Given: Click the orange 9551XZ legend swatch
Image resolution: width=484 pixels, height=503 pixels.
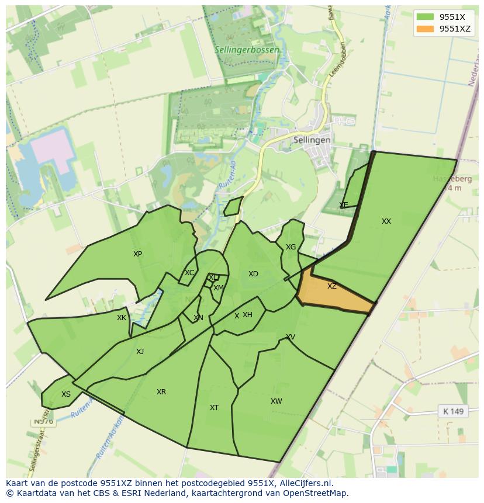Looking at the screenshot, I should [425, 29].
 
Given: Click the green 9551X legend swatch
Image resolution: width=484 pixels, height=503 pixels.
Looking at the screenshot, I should [425, 17].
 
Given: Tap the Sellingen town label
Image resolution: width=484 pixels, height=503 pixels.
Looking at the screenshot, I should [312, 140].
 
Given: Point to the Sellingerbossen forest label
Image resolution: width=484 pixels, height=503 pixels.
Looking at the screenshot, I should [246, 50].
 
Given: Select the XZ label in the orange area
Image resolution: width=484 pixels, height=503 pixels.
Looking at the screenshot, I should [332, 286].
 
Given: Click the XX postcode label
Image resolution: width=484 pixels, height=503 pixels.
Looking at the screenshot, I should [386, 221].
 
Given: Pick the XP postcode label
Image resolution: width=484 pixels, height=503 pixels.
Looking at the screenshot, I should [137, 254].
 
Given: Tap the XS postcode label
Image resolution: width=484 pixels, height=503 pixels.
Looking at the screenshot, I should [66, 394].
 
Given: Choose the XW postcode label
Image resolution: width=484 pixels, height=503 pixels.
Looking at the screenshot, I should [276, 401].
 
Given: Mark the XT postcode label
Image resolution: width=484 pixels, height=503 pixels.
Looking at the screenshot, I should [214, 408].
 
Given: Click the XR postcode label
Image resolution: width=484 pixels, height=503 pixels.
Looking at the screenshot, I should [161, 392].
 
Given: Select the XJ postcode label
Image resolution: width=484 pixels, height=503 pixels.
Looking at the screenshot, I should [140, 352].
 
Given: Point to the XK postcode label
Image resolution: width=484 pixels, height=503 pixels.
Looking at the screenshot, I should [122, 318].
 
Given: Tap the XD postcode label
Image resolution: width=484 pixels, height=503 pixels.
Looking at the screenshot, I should [253, 274].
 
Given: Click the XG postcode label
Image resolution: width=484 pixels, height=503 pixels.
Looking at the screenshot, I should [291, 247].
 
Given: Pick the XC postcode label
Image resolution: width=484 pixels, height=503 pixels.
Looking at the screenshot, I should [189, 273].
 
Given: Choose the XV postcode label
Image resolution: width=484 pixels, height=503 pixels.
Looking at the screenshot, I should [291, 337].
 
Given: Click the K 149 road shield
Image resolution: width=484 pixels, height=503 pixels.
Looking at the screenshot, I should [453, 411].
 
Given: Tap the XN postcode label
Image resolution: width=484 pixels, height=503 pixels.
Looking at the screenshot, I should [198, 318].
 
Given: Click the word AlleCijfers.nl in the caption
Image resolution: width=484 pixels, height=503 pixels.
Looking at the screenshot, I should [304, 483].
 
